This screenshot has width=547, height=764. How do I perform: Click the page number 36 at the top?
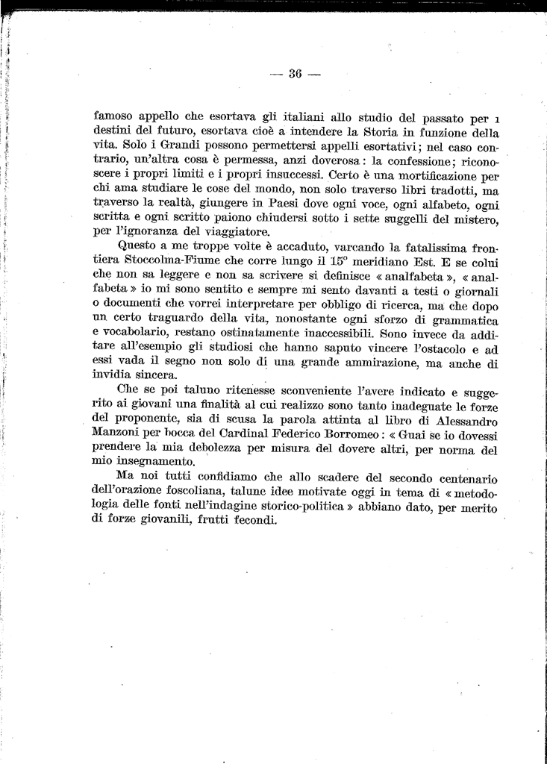point(294,73)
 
